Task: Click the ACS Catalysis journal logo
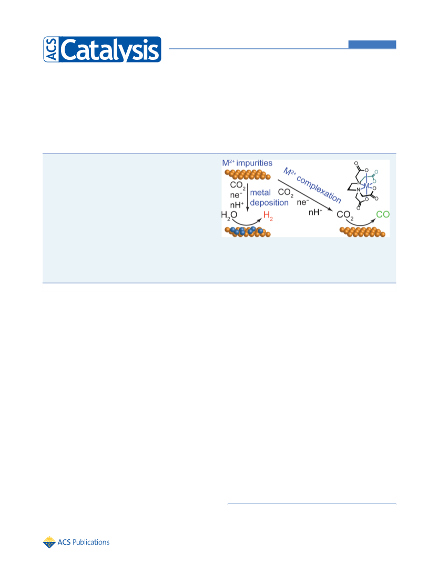click(x=102, y=49)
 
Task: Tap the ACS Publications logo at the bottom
click(x=76, y=542)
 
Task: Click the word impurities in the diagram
click(x=254, y=163)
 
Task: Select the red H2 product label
click(x=268, y=216)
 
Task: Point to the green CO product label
click(x=383, y=214)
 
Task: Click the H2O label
click(x=229, y=215)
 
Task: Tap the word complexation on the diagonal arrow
click(x=319, y=189)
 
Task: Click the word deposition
click(x=269, y=202)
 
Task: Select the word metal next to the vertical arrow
click(x=260, y=193)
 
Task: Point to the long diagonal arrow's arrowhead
click(x=330, y=210)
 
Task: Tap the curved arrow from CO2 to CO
click(x=360, y=223)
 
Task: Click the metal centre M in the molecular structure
click(x=366, y=185)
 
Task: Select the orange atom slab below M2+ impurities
click(x=248, y=174)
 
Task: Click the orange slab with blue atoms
click(x=248, y=232)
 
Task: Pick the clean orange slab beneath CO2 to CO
click(x=362, y=232)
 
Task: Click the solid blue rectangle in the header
click(x=372, y=45)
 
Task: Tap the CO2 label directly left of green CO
click(x=345, y=215)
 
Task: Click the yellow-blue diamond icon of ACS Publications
click(x=49, y=543)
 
